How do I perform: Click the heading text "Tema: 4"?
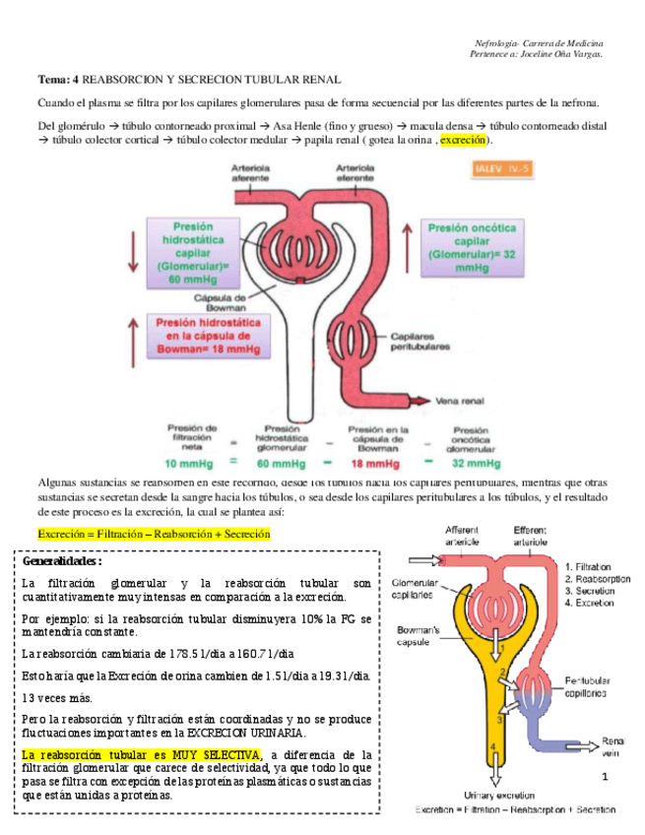pyautogui.click(x=58, y=79)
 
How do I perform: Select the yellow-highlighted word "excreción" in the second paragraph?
pyautogui.click(x=463, y=141)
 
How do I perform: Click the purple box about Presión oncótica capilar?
pyautogui.click(x=472, y=247)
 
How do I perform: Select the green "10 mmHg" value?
pyautogui.click(x=183, y=462)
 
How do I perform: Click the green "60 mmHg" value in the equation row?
pyautogui.click(x=282, y=462)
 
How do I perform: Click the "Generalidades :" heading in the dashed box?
pyautogui.click(x=61, y=560)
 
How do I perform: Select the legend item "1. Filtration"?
pyautogui.click(x=589, y=566)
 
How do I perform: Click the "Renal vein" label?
pyautogui.click(x=612, y=745)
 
